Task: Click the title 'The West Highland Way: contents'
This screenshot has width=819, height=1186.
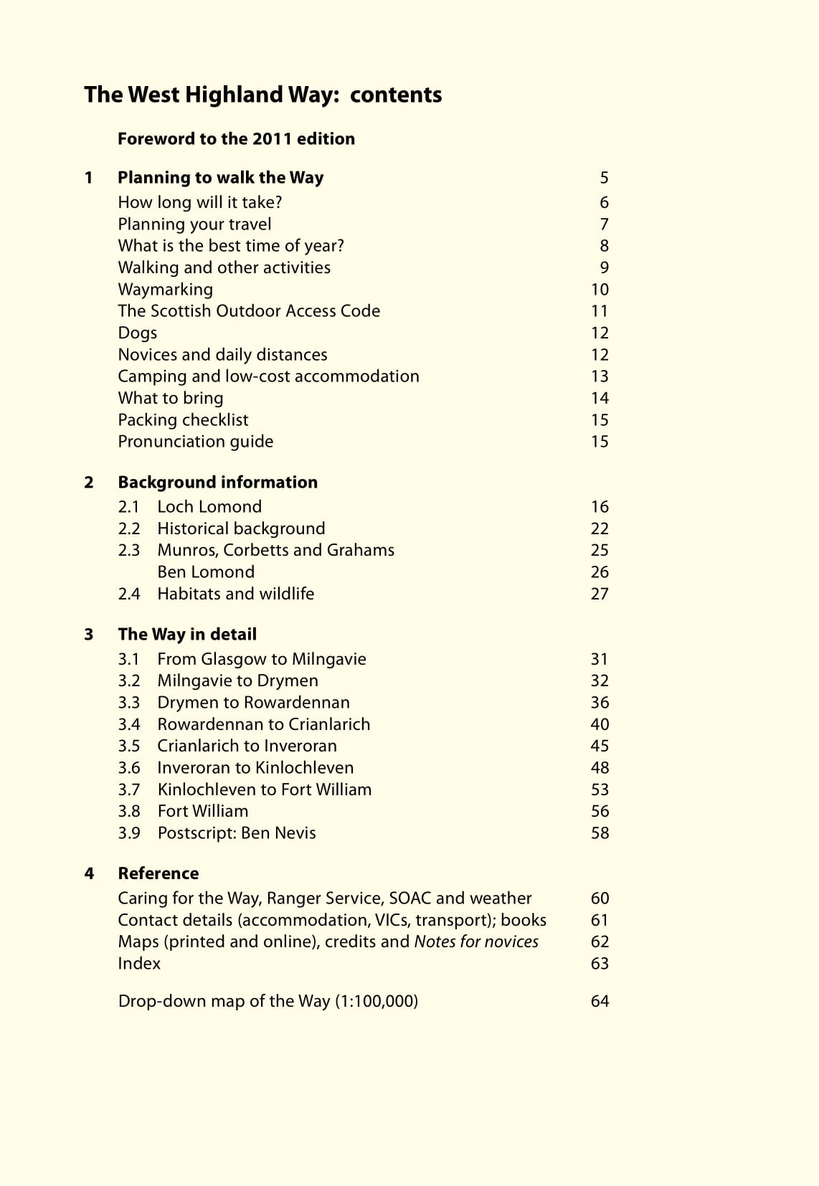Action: (262, 95)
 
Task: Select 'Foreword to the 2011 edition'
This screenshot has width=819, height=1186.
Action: (236, 138)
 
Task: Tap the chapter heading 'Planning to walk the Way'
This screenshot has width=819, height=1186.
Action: (220, 178)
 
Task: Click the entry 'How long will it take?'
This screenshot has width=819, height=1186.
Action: (200, 203)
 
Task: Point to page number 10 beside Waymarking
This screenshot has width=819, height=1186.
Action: (600, 290)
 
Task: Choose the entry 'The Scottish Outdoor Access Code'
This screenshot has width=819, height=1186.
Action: (249, 311)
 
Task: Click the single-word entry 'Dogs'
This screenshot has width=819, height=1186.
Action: (137, 333)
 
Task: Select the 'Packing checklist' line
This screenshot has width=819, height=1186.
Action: (183, 420)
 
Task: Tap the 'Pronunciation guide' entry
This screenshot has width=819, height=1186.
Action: (195, 442)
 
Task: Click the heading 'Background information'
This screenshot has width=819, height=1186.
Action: (217, 483)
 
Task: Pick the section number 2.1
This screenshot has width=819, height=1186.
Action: (128, 507)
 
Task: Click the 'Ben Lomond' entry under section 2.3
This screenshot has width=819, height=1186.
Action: (206, 572)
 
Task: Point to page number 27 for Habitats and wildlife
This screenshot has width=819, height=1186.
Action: (600, 594)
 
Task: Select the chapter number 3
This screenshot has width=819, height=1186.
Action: (89, 635)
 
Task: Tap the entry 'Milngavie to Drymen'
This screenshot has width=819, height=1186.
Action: (237, 681)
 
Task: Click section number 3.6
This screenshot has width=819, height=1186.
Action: (129, 768)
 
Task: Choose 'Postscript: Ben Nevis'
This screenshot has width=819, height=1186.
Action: (237, 833)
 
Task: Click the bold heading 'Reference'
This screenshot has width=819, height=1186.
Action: (158, 873)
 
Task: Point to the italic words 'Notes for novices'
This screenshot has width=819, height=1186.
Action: (476, 941)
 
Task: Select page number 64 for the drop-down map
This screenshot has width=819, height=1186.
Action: (600, 1001)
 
